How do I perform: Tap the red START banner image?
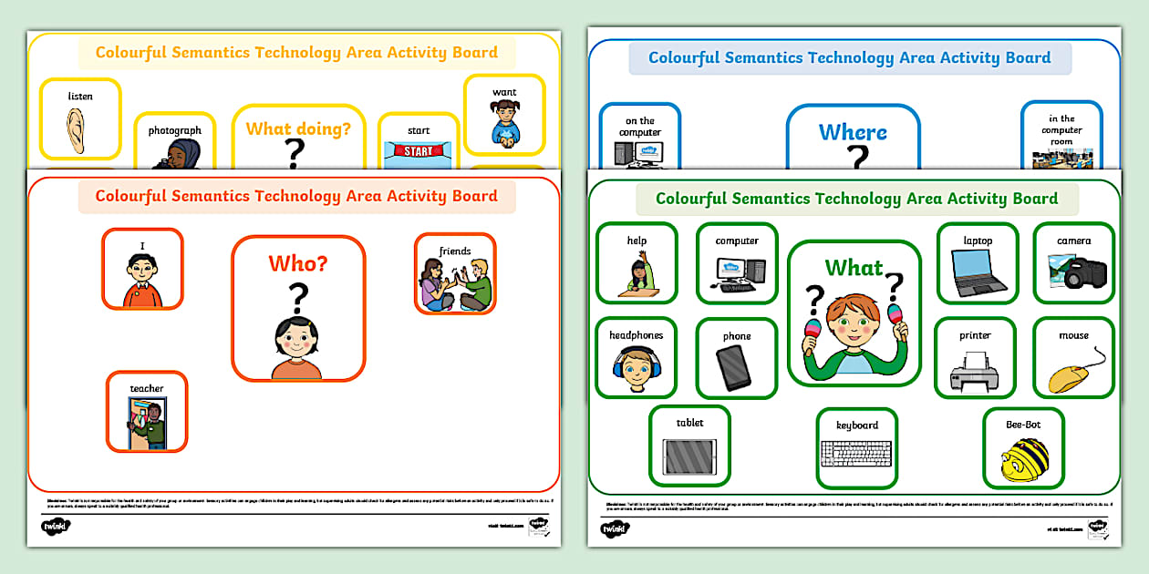coord(419,151)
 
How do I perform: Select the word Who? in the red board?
coord(298,264)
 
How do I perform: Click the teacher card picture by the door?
coord(146,422)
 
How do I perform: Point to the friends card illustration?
coord(455,284)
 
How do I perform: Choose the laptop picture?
coord(977,272)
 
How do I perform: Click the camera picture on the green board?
coord(1076,271)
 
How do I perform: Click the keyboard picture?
coord(856,453)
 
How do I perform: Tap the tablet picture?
coord(688,455)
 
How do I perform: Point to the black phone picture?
coord(735,368)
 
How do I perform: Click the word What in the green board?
coord(854,268)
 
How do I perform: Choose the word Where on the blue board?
coord(853,132)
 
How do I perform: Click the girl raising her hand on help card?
coord(637,274)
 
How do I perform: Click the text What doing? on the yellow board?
coord(298,129)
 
